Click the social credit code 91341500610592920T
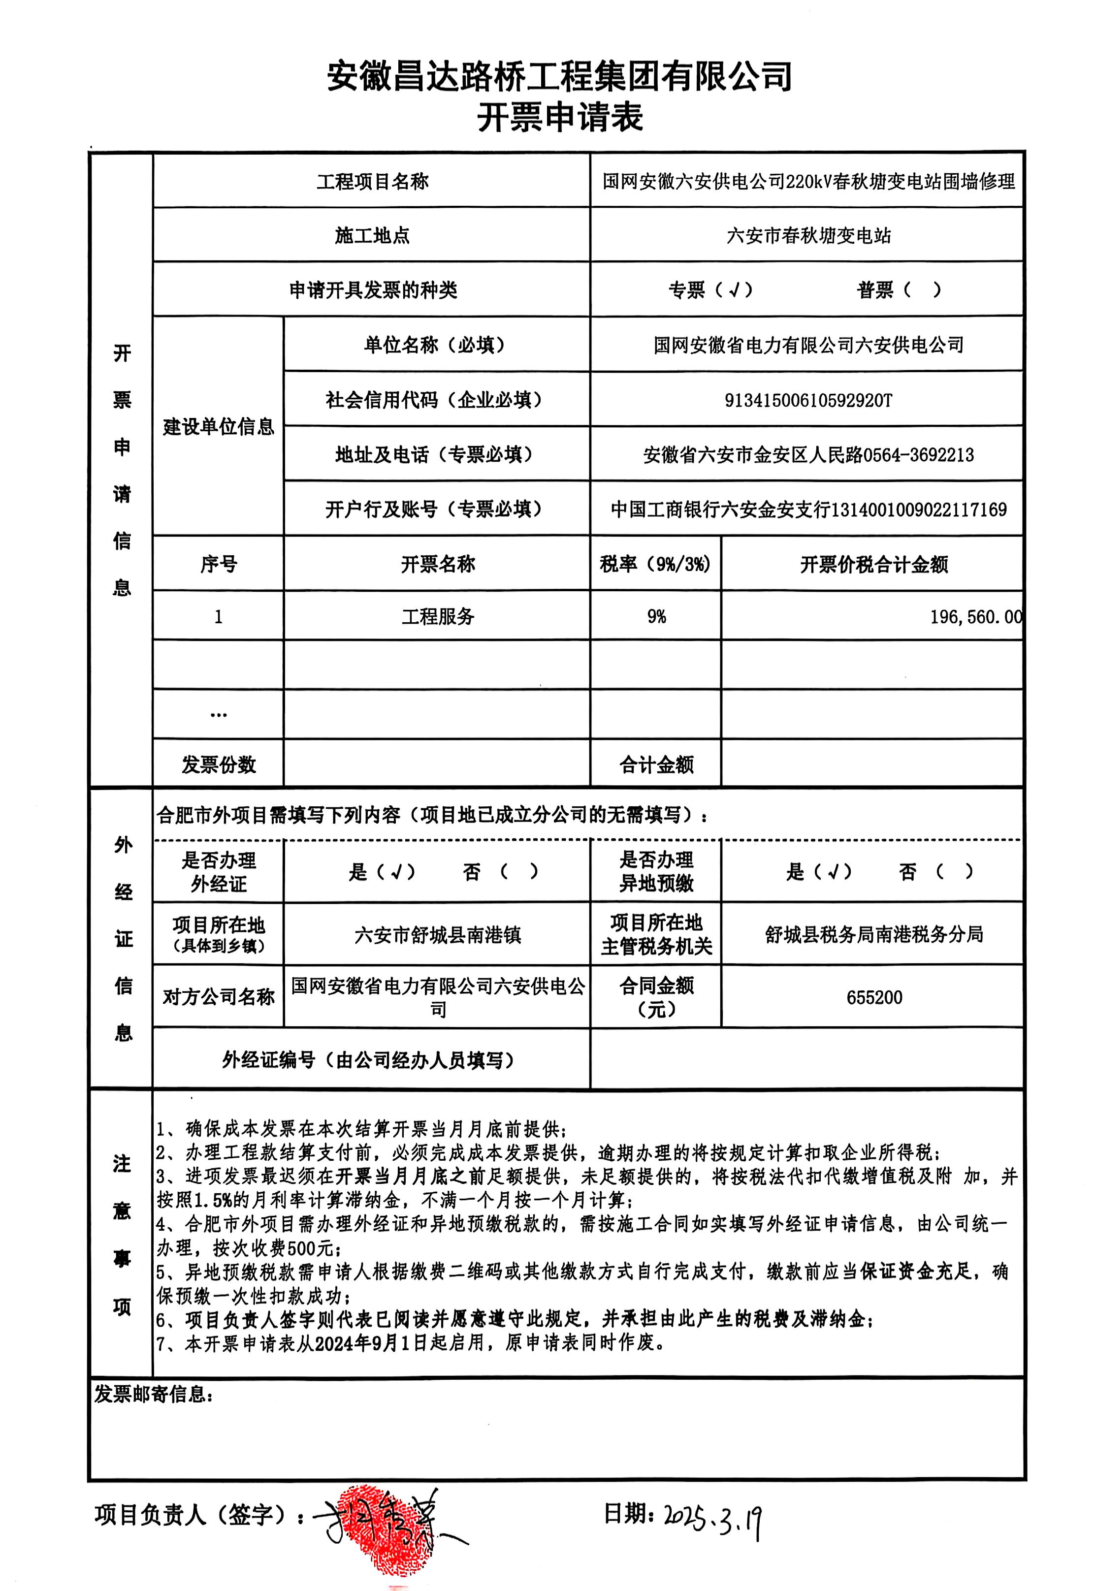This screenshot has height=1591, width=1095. pos(807,400)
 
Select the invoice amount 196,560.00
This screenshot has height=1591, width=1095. pos(975,617)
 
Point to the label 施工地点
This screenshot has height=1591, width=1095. pos(372,236)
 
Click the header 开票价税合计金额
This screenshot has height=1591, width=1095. pos(873,565)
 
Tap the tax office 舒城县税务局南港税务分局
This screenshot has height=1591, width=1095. pos(873,934)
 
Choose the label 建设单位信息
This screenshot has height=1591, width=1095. pos(218,427)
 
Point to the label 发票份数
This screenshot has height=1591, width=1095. pos(218,764)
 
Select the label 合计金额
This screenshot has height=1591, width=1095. pos(656,764)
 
